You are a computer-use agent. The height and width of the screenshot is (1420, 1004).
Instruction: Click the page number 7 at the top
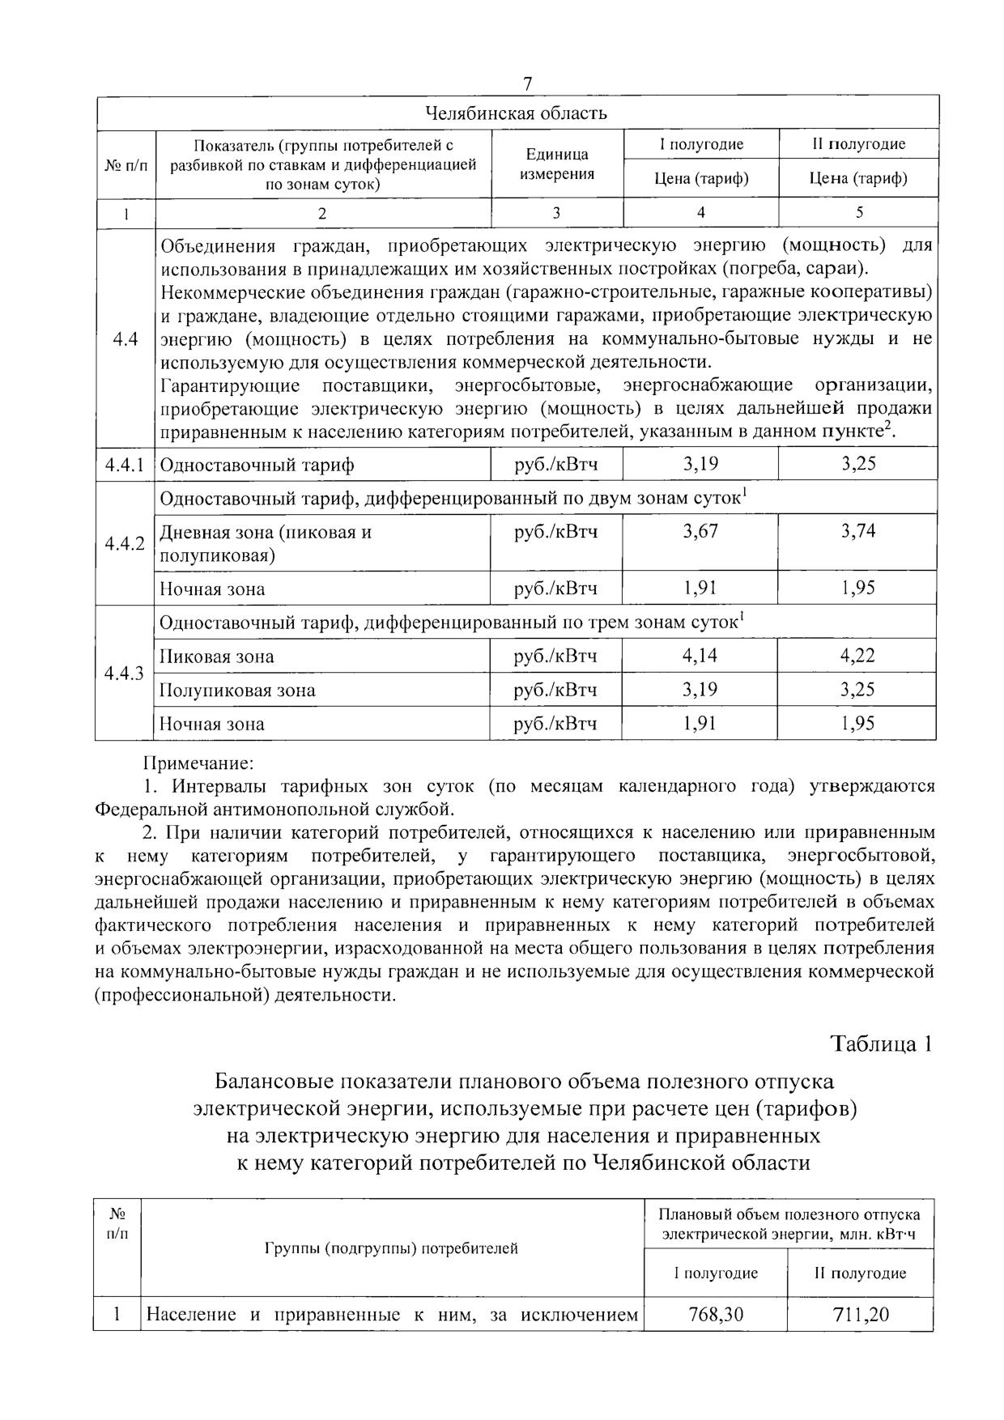528,84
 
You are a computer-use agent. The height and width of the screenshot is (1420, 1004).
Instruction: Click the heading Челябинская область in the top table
517,113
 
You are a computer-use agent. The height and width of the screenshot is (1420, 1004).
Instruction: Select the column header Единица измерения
557,164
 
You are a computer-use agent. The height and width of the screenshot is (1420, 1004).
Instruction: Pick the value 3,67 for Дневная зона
700,532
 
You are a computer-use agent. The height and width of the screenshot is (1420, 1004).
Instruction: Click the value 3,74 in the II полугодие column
858,532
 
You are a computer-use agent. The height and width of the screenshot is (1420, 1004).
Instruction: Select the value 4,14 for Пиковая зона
700,656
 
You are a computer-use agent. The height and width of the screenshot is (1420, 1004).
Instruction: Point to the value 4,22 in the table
858,656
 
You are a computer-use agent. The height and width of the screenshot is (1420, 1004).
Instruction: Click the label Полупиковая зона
237,691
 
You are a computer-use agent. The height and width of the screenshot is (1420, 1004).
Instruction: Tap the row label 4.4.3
124,674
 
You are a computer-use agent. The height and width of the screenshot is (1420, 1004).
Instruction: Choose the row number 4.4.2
124,543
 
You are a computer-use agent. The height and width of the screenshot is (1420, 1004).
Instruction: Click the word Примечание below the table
198,763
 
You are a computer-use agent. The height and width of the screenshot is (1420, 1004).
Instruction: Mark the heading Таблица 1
882,1044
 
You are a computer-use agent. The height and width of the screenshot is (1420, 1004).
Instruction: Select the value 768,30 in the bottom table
715,1315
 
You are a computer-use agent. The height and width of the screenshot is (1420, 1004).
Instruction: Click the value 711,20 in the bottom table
861,1315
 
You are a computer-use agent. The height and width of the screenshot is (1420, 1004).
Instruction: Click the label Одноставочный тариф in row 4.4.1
257,466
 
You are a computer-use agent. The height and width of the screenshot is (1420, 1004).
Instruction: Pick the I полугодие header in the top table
701,144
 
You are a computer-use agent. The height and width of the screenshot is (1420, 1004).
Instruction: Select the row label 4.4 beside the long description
124,339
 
